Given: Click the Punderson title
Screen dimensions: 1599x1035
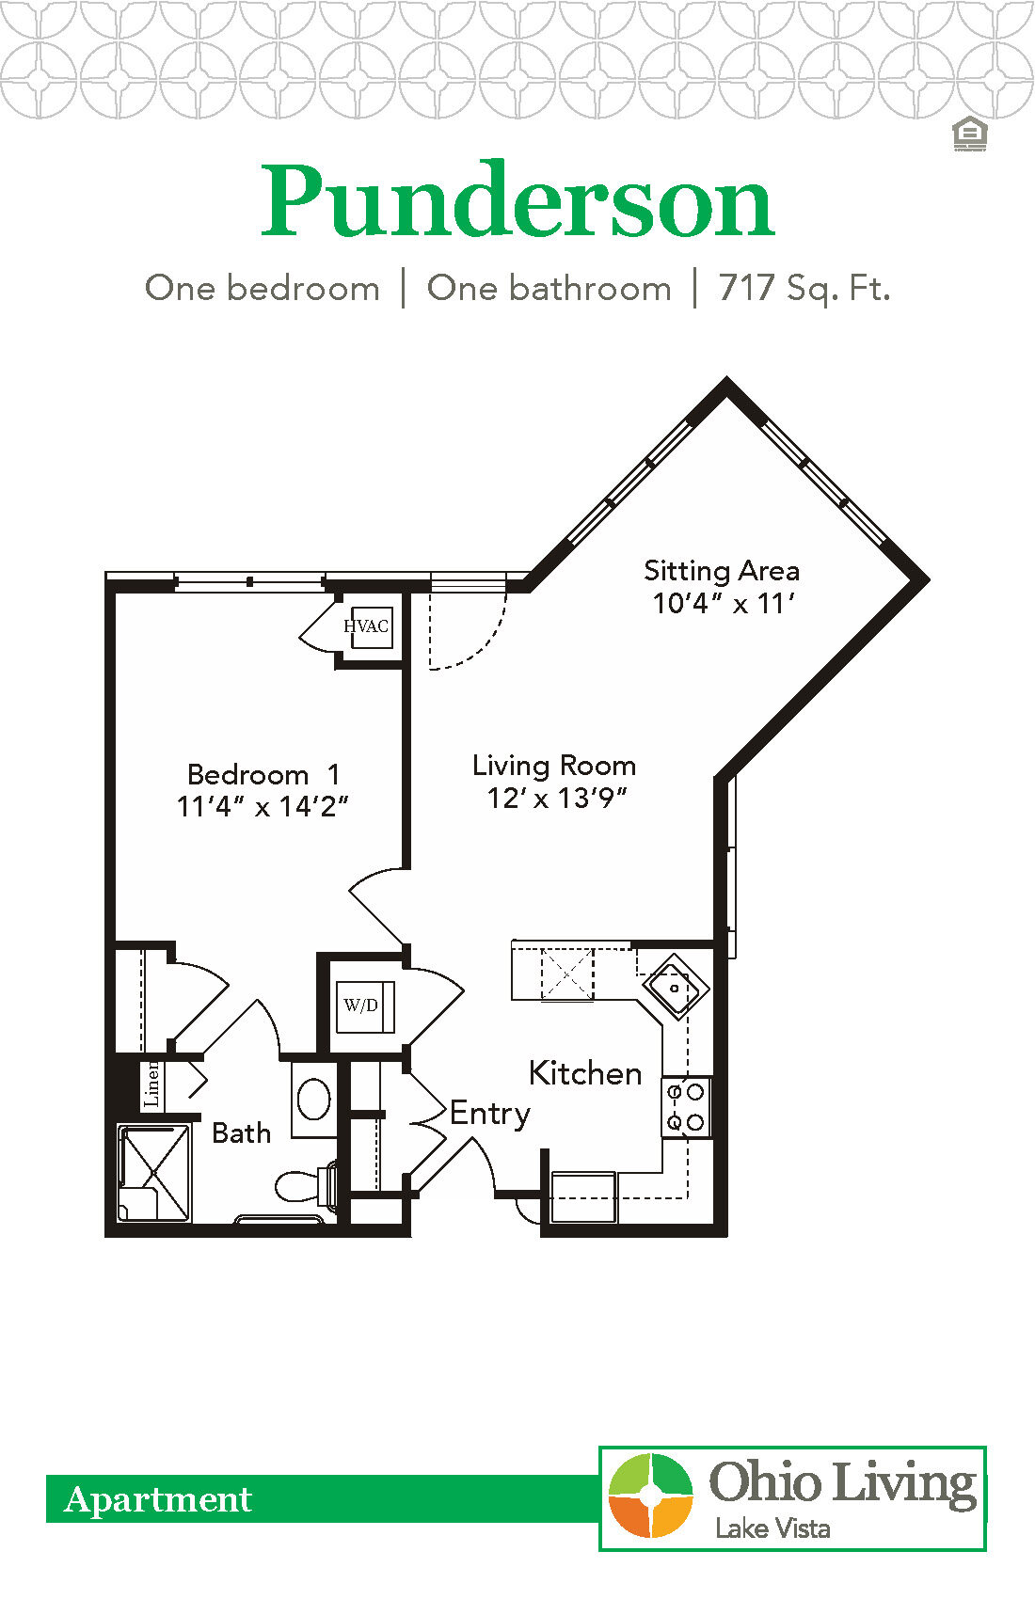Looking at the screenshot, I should point(517,202).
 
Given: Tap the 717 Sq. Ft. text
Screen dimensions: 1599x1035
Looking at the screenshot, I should point(804,288).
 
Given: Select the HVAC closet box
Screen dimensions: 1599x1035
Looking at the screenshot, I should point(366,626).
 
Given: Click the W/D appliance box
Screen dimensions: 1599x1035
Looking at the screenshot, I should point(363,1005).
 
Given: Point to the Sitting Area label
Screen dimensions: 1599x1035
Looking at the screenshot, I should point(722,571).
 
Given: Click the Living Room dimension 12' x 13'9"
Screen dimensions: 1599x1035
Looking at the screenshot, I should point(556,799).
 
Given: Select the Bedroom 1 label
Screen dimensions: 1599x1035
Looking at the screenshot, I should point(263,775).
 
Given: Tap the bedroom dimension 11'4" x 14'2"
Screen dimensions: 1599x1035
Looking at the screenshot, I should point(263,807).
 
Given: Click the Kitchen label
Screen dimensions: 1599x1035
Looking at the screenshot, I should point(585,1073).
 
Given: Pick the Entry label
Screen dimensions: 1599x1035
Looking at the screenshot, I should point(489,1114).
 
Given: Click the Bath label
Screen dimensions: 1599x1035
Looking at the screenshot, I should point(241,1132).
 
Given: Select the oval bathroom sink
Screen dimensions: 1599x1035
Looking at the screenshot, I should point(313,1099).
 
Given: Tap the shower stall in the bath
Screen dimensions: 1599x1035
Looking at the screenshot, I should point(153,1172).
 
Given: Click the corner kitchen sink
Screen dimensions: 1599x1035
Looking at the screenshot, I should point(676,988).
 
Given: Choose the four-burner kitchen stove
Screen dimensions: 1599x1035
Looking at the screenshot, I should point(686,1107).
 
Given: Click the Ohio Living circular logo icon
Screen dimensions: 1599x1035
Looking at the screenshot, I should point(650,1496).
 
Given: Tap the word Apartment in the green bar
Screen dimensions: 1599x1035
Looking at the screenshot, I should point(158,1499).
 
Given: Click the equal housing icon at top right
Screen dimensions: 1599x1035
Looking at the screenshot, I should point(969,135).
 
